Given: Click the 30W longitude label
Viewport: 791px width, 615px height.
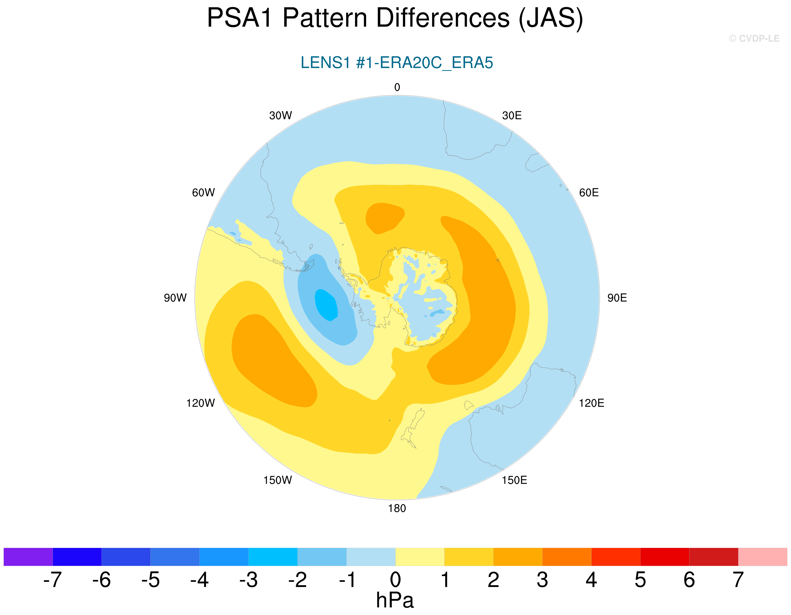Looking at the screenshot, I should click(x=280, y=115).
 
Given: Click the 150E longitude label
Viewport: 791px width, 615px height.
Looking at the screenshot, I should click(x=514, y=480).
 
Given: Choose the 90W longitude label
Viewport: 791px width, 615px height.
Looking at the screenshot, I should click(x=175, y=298).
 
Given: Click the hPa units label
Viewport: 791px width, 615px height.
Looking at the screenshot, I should click(x=395, y=600).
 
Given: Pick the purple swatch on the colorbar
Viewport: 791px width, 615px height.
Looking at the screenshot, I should click(x=28, y=557).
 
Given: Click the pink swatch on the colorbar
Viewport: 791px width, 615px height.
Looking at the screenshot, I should click(x=762, y=557).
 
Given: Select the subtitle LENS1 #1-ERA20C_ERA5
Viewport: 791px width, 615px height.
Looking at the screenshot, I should click(x=397, y=63).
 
